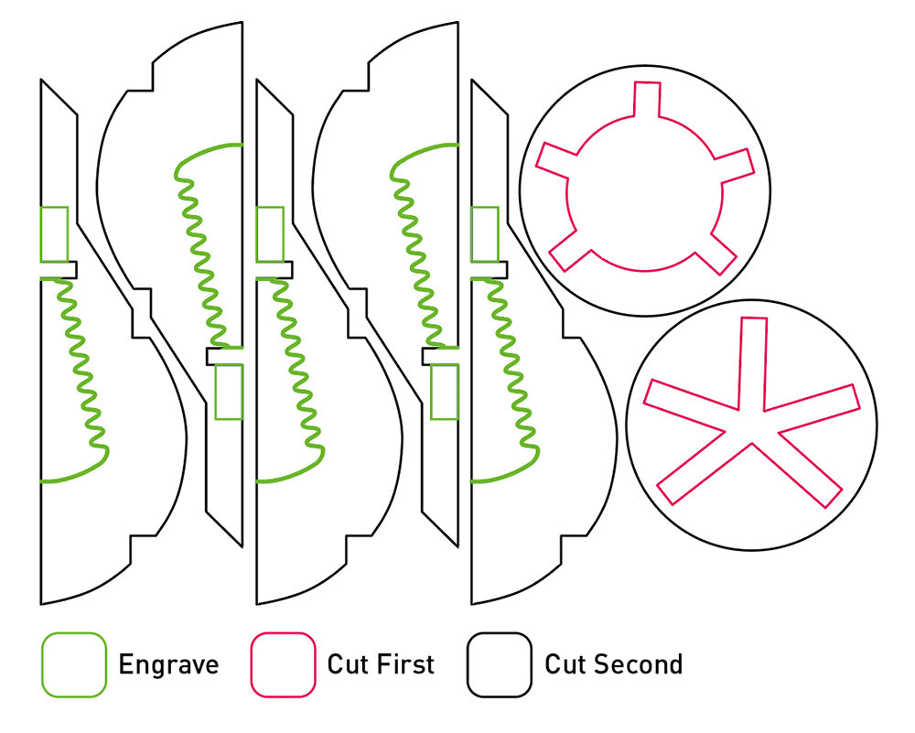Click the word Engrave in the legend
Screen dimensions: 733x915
coord(168,664)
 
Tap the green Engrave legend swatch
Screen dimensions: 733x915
coord(74,664)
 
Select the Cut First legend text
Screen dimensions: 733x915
coord(381,664)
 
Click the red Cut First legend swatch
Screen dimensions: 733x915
coord(282,664)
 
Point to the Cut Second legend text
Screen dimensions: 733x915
coord(613,664)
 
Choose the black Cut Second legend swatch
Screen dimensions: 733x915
coord(499,664)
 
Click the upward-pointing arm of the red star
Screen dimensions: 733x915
coord(753,361)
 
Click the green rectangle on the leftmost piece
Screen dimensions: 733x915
coord(55,234)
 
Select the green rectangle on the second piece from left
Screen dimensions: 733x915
coord(229,392)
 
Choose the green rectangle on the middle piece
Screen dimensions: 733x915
coord(270,234)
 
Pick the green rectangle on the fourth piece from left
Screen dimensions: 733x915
coord(444,392)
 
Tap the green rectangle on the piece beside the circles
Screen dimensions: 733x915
coord(485,232)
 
